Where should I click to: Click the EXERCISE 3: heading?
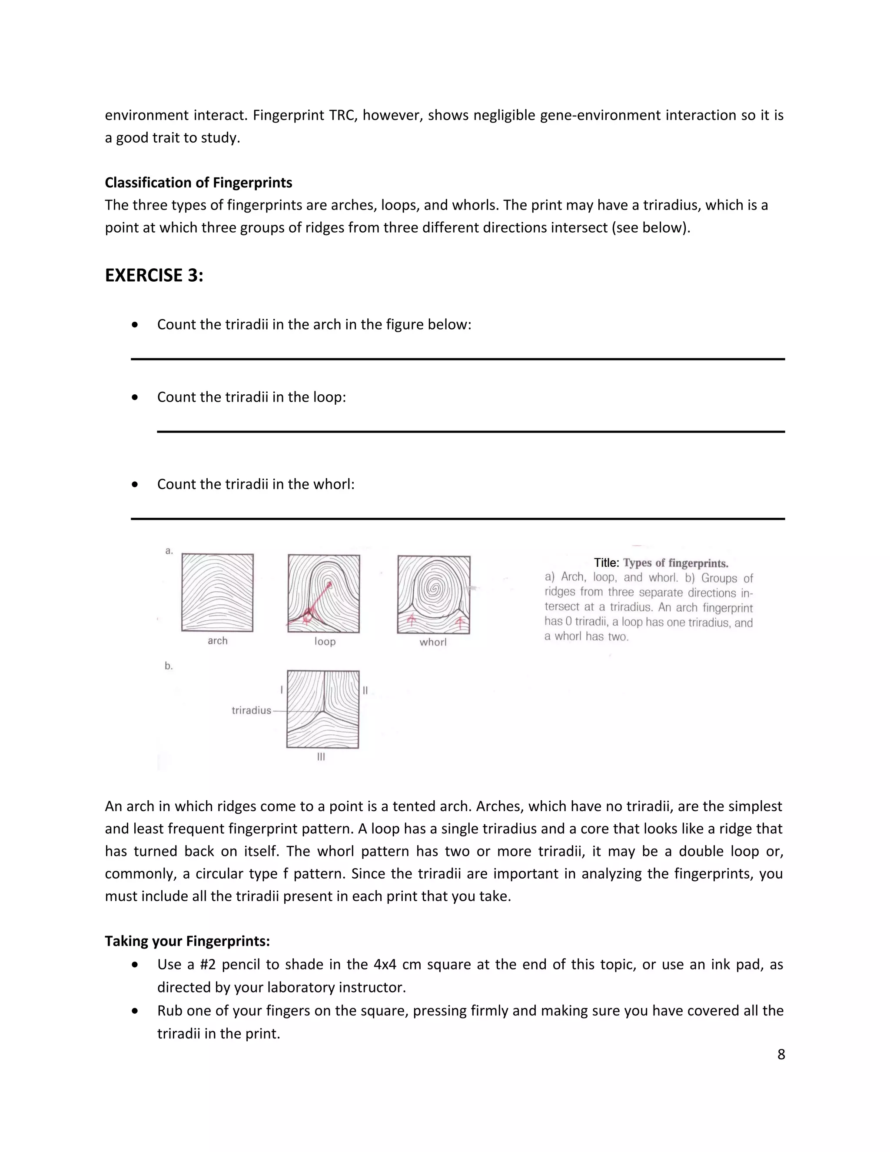(154, 275)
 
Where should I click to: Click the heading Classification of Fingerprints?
(198, 183)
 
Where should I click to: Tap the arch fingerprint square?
(217, 593)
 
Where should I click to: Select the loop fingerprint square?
(324, 593)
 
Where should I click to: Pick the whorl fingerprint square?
(433, 594)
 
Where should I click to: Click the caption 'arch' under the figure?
(217, 641)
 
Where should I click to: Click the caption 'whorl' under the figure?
(433, 642)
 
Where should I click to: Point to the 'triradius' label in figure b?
(251, 710)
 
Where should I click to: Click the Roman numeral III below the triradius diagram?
(321, 757)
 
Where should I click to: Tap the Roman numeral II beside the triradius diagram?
(365, 690)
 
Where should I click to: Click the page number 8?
(781, 1054)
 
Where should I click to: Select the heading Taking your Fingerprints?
(187, 941)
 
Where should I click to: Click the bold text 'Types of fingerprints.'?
(675, 563)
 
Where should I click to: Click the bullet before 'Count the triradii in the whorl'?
(136, 484)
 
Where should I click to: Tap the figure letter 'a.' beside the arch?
(169, 551)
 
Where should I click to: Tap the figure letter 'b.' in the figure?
(169, 666)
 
